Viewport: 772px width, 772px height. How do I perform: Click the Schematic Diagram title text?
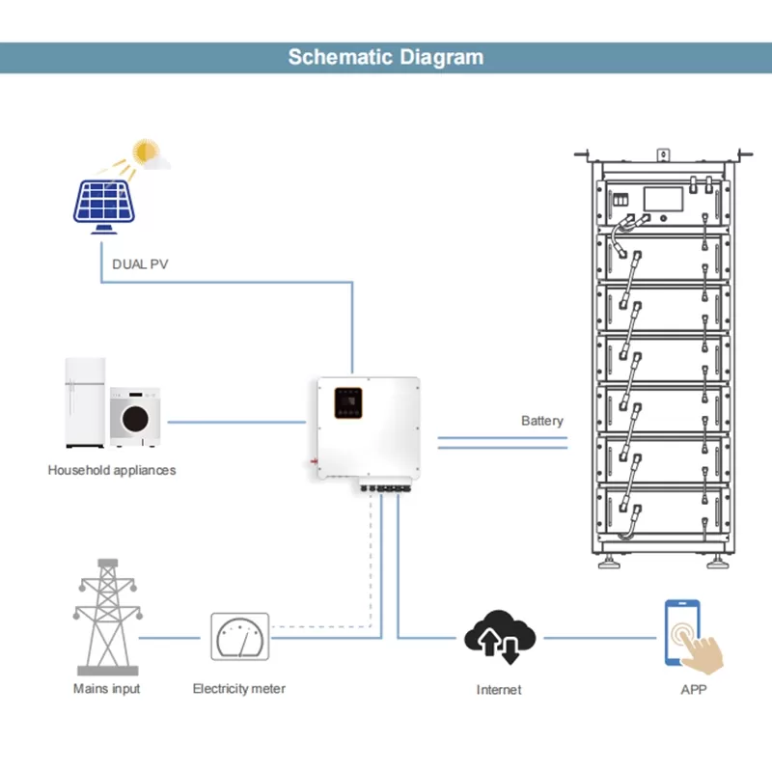(386, 56)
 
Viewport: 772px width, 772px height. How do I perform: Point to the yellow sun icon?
(147, 152)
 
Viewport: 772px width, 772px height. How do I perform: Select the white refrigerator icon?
(85, 403)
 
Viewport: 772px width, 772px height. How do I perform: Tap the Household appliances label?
(112, 471)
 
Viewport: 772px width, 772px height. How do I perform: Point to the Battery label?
(542, 421)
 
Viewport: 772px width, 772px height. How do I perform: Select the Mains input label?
(106, 689)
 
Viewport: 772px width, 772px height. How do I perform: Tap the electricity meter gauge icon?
(239, 637)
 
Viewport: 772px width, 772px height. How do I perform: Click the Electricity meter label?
(239, 689)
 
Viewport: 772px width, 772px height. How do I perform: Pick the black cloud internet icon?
(498, 637)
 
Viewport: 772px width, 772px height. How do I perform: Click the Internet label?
(499, 690)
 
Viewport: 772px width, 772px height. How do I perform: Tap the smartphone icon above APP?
(681, 631)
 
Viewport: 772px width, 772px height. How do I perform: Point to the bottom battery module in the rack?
(662, 511)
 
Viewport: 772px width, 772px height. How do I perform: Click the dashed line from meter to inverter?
(371, 579)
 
